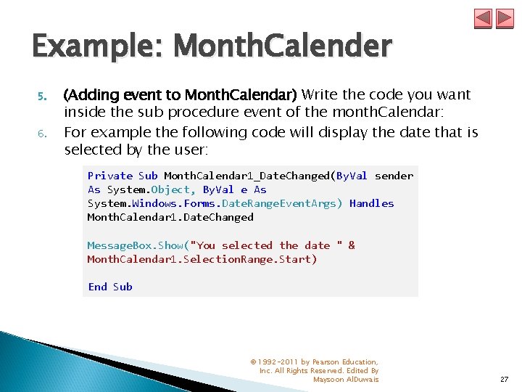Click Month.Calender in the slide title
[283, 47]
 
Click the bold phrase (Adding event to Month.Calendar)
[181, 94]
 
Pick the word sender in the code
[394, 176]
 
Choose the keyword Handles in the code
[371, 203]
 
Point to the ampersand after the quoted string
[352, 245]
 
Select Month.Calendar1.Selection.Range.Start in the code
[202, 259]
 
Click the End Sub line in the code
[110, 287]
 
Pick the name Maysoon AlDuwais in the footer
[346, 380]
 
